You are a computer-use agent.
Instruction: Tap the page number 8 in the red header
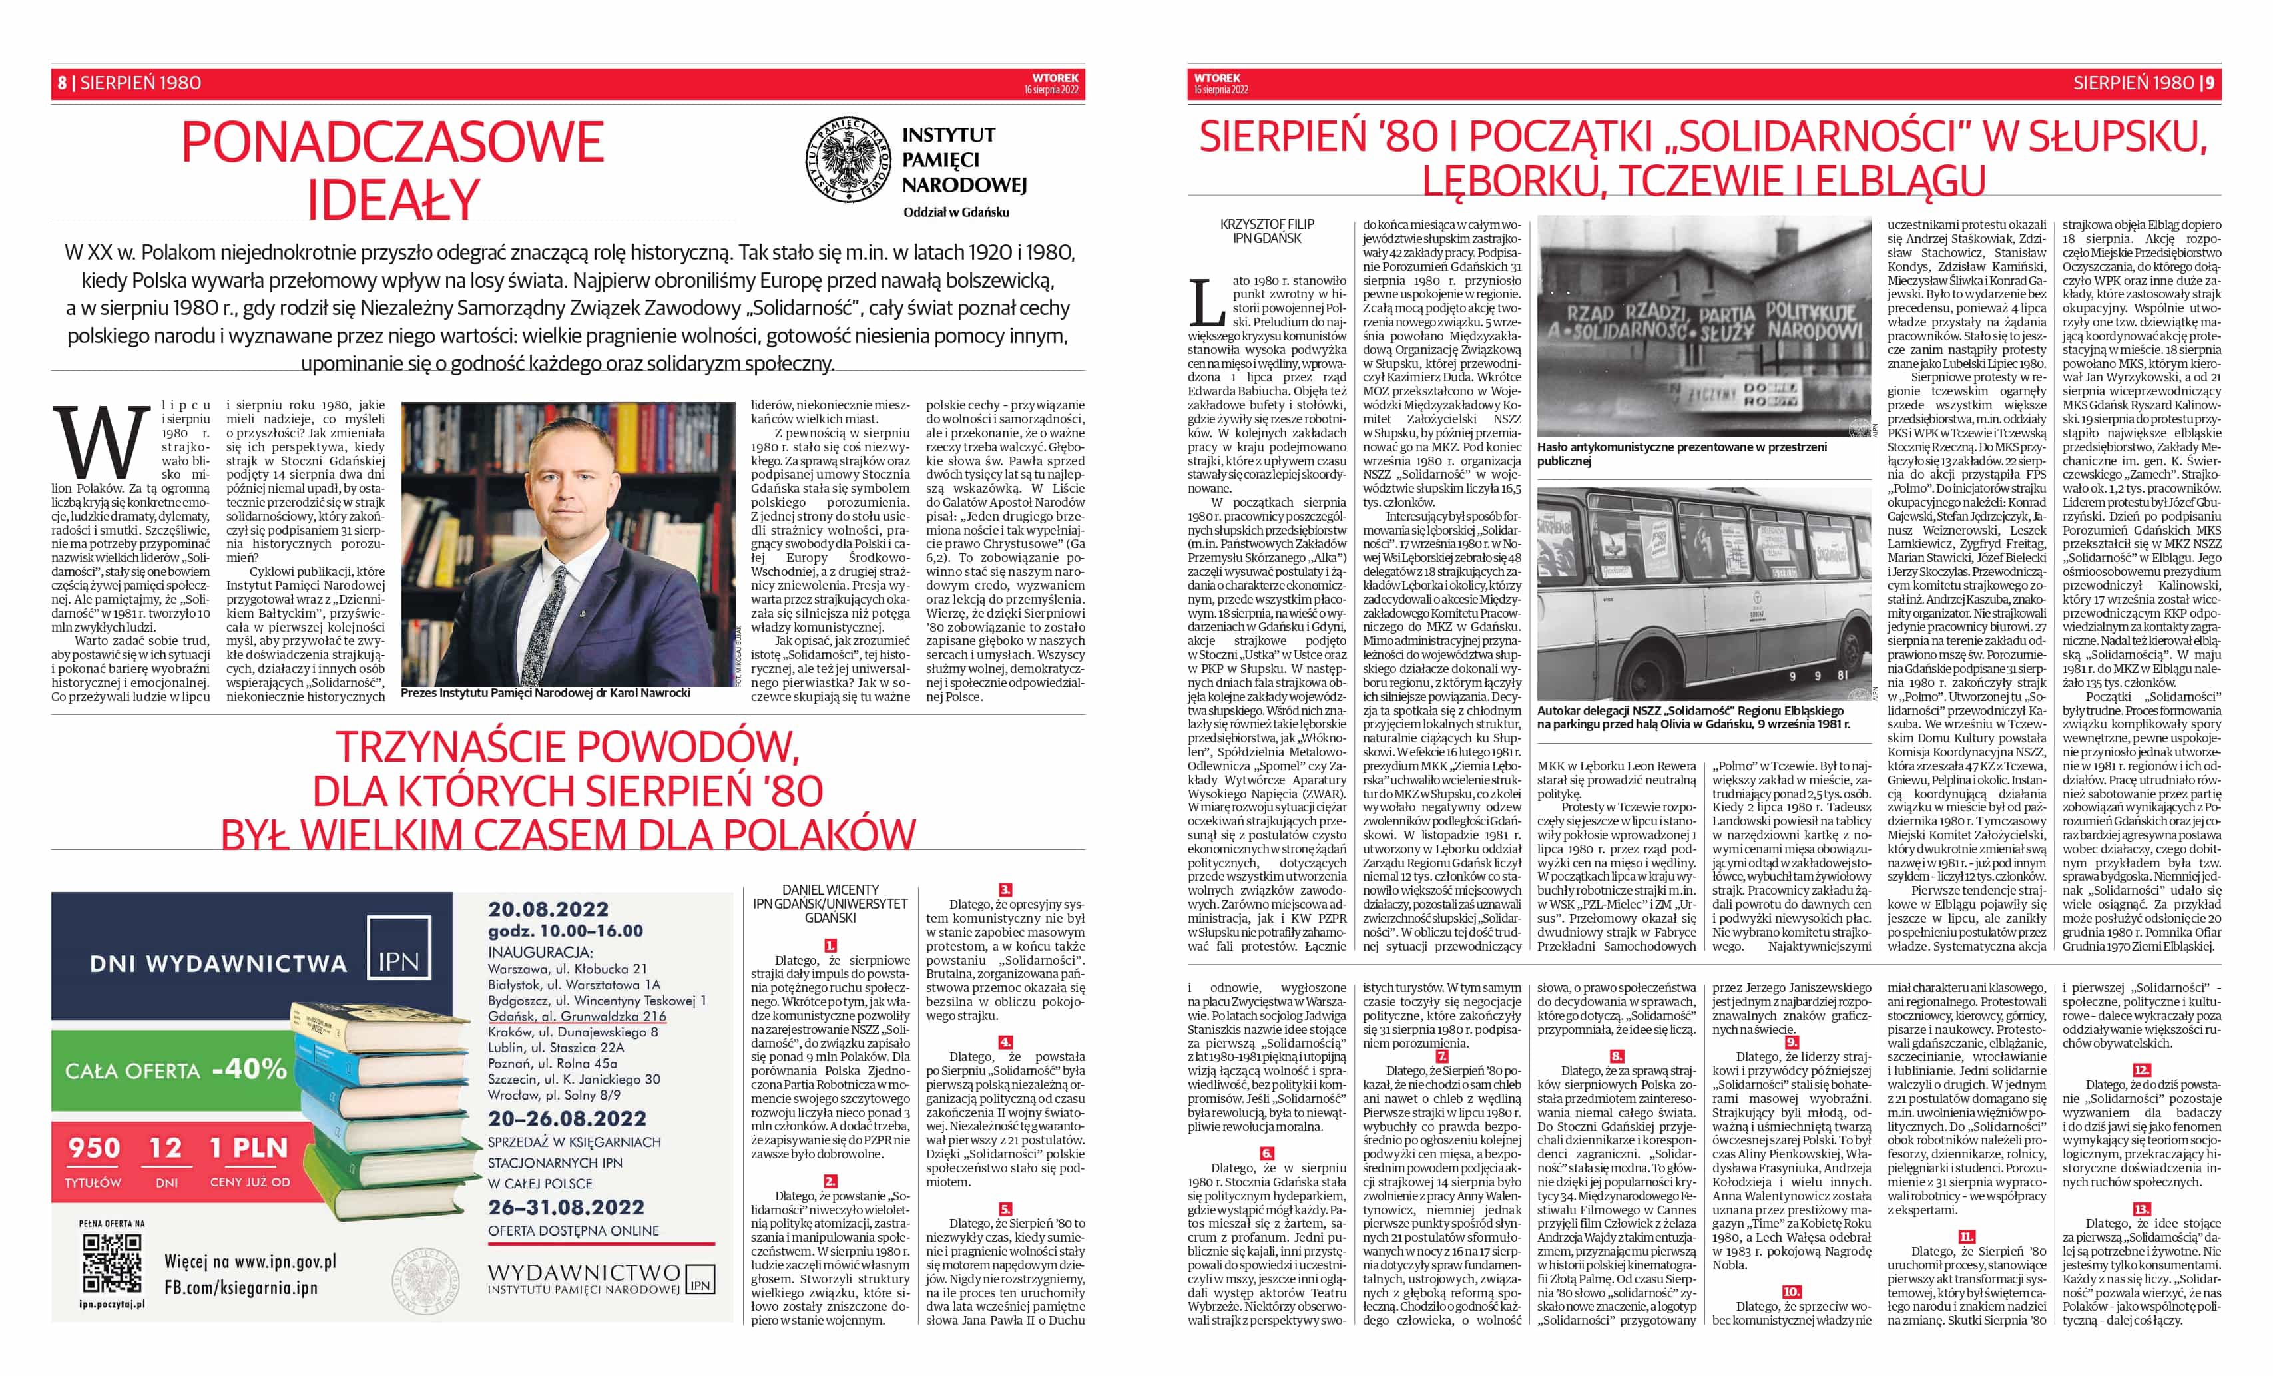pos(62,83)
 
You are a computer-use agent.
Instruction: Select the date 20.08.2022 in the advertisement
pos(548,909)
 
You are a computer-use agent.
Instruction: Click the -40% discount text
pos(249,1069)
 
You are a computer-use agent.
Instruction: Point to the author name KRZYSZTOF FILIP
pos(1266,224)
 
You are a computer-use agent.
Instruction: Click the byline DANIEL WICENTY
pos(830,890)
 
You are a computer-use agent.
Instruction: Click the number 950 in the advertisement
pos(94,1148)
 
